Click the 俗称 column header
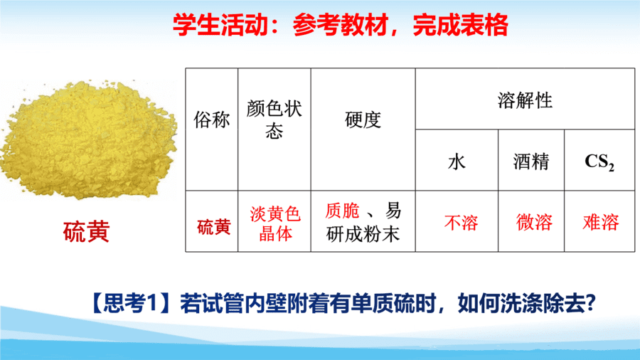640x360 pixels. click(x=211, y=120)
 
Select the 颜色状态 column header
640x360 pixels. click(x=274, y=120)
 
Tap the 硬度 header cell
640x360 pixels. click(x=363, y=120)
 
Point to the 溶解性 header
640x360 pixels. click(x=525, y=100)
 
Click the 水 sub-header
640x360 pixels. click(x=457, y=162)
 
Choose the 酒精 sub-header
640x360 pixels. click(x=531, y=162)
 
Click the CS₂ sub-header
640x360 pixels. click(x=599, y=162)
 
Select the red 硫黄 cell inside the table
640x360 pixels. click(x=213, y=227)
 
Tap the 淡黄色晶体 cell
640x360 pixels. click(x=275, y=223)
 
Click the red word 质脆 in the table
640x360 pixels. click(x=342, y=211)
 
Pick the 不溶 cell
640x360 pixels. click(x=461, y=223)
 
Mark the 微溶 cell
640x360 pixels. click(x=534, y=223)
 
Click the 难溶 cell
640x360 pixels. click(x=601, y=223)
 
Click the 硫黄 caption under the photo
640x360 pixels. click(x=86, y=231)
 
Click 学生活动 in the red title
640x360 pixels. click(x=220, y=25)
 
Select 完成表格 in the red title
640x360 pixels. click(x=460, y=25)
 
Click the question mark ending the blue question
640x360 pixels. click(x=590, y=303)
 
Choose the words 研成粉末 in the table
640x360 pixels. click(x=363, y=235)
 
